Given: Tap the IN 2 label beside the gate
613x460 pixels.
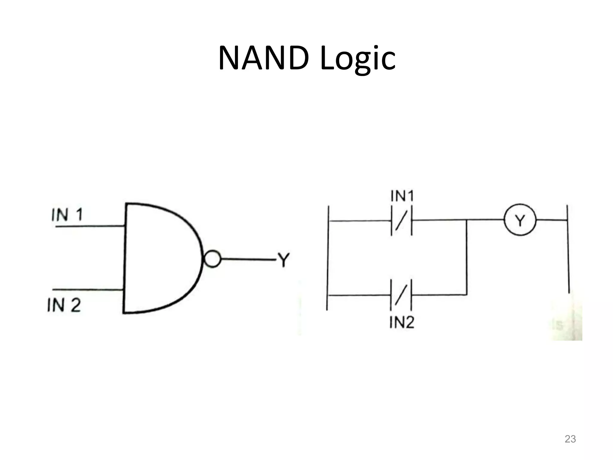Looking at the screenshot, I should (64, 306).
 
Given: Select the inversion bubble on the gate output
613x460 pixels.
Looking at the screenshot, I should (213, 259).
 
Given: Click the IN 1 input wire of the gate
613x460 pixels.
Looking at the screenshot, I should (90, 226).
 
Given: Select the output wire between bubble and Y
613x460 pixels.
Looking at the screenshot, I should (247, 259).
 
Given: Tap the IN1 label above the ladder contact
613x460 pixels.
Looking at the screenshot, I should (402, 196).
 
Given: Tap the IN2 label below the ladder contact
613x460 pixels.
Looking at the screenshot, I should (402, 323).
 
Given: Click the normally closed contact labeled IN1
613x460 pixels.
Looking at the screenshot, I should (401, 221).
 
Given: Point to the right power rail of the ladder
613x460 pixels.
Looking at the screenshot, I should (568, 249).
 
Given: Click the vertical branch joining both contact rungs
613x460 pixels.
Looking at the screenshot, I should (467, 258).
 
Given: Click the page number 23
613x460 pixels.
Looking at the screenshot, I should (570, 439).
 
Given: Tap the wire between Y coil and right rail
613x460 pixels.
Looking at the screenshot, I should (551, 220).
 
